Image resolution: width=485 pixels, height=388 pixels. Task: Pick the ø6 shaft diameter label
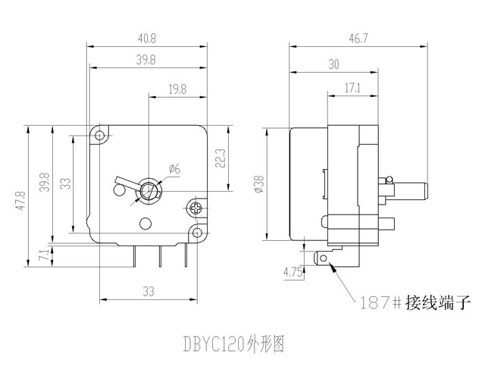174,168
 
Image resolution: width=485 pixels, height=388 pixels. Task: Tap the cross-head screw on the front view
197,205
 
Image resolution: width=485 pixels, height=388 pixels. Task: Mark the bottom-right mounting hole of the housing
197,233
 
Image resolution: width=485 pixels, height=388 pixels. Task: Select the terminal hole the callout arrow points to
327,259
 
